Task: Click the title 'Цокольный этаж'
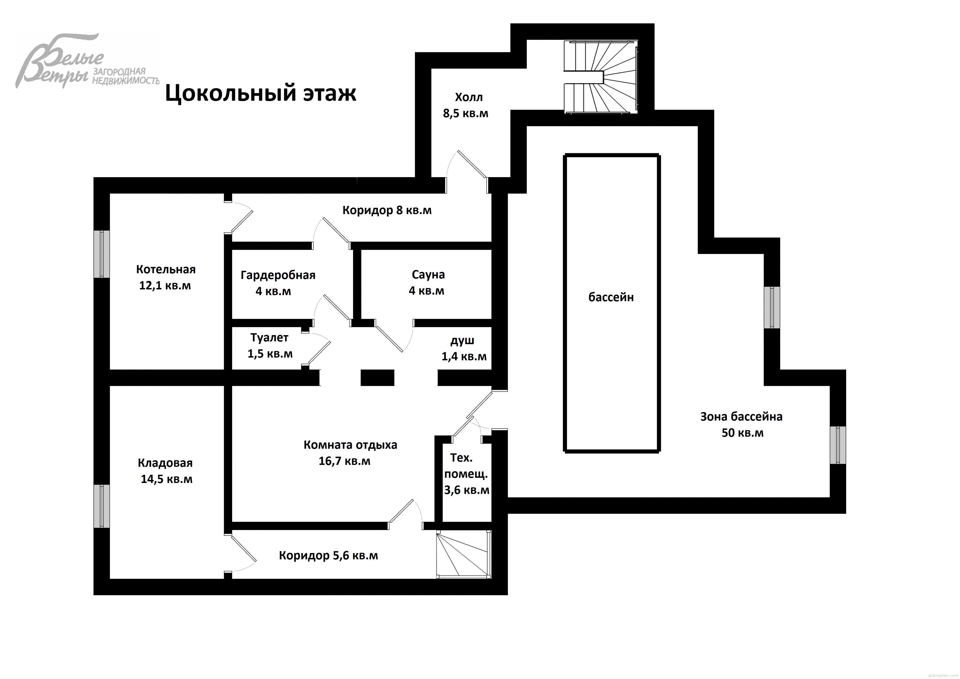(x=261, y=93)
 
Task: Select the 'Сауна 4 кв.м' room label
(x=427, y=282)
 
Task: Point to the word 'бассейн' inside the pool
(x=611, y=297)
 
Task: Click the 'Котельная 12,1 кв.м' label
(x=166, y=277)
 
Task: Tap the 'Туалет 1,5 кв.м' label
(x=270, y=346)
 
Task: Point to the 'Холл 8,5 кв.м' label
(x=466, y=105)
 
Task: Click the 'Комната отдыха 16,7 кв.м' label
(x=349, y=453)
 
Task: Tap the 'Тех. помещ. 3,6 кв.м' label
(x=466, y=474)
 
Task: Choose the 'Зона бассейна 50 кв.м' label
(x=741, y=424)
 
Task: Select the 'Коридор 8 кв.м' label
(x=387, y=210)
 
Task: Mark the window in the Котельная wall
(x=101, y=254)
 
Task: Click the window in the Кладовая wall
(x=101, y=506)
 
